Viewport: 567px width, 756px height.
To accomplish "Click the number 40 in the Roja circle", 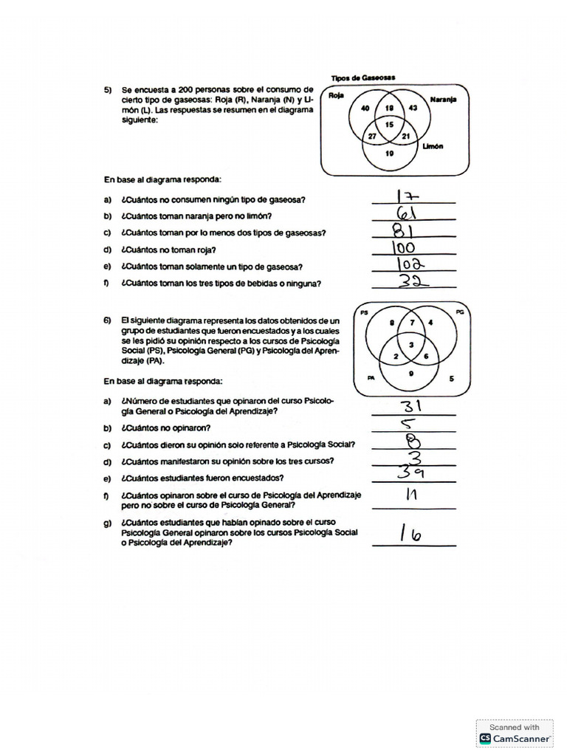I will pos(365,109).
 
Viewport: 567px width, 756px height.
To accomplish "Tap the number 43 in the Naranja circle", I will pos(413,109).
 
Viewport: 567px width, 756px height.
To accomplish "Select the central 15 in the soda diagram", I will pos(389,123).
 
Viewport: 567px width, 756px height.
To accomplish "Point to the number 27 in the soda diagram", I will pos(372,137).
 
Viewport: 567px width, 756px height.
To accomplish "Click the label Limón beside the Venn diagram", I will pos(433,146).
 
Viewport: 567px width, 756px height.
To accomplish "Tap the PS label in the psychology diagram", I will pos(364,314).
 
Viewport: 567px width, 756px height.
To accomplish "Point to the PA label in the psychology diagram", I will pos(371,377).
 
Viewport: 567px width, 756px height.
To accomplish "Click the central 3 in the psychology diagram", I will pos(410,346).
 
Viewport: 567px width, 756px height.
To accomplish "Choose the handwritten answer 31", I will pos(411,406).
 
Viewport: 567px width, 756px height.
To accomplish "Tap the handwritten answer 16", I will pos(410,534).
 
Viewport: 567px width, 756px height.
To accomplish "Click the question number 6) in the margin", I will pos(108,320).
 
